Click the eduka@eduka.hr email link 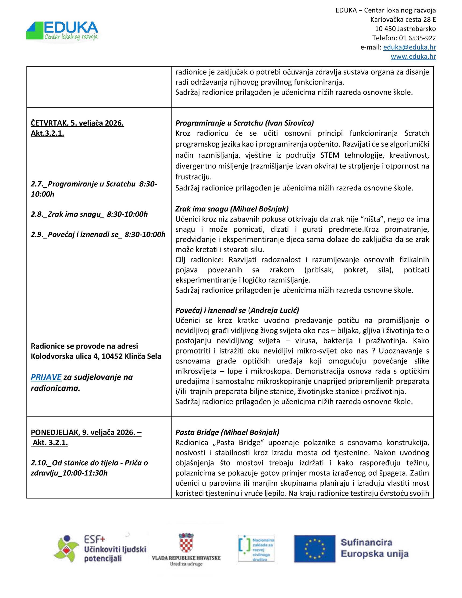pos(409,47)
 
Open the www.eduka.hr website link pos(413,57)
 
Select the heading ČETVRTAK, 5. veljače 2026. pos(77,123)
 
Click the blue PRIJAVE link pos(46,377)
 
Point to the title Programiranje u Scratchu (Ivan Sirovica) pos(245,123)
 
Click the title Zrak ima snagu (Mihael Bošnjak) pos(232,209)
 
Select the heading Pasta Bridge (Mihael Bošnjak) pos(227,432)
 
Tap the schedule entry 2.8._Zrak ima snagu pos(89,214)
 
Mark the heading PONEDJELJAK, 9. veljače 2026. pos(86,432)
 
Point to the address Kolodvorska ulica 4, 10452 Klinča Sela pos(96,356)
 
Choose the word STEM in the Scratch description pos(330,155)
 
